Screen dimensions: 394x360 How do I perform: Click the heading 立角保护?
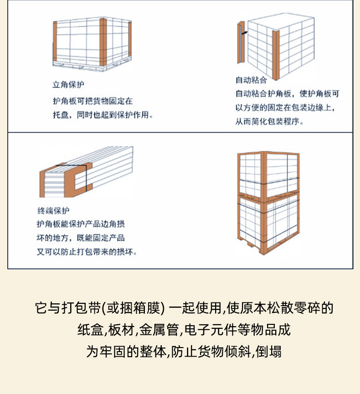click(68, 85)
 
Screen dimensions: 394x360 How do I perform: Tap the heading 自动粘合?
click(251, 80)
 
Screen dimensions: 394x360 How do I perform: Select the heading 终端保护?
click(53, 210)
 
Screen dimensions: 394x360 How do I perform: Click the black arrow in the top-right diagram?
click(245, 32)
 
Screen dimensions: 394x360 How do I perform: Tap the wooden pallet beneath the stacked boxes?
click(269, 246)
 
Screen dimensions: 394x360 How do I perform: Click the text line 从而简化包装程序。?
click(269, 122)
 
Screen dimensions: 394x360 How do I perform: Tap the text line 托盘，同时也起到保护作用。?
click(103, 115)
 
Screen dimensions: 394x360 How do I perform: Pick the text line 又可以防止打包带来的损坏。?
click(87, 251)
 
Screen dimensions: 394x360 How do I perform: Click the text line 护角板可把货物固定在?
click(93, 101)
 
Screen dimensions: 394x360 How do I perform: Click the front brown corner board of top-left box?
click(103, 42)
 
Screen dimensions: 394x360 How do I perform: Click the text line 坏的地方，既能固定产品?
click(81, 238)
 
